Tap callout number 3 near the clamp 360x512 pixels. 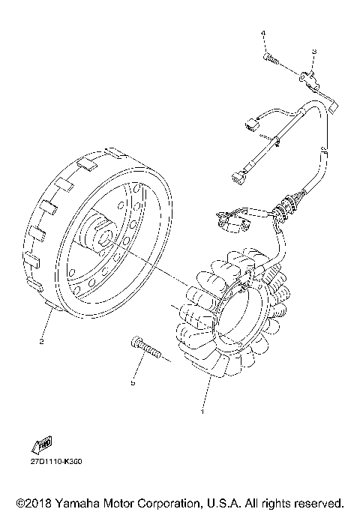coord(313,51)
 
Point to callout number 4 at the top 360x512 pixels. coord(263,34)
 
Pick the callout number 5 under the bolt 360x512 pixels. coord(133,382)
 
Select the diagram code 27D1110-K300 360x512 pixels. coord(57,461)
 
